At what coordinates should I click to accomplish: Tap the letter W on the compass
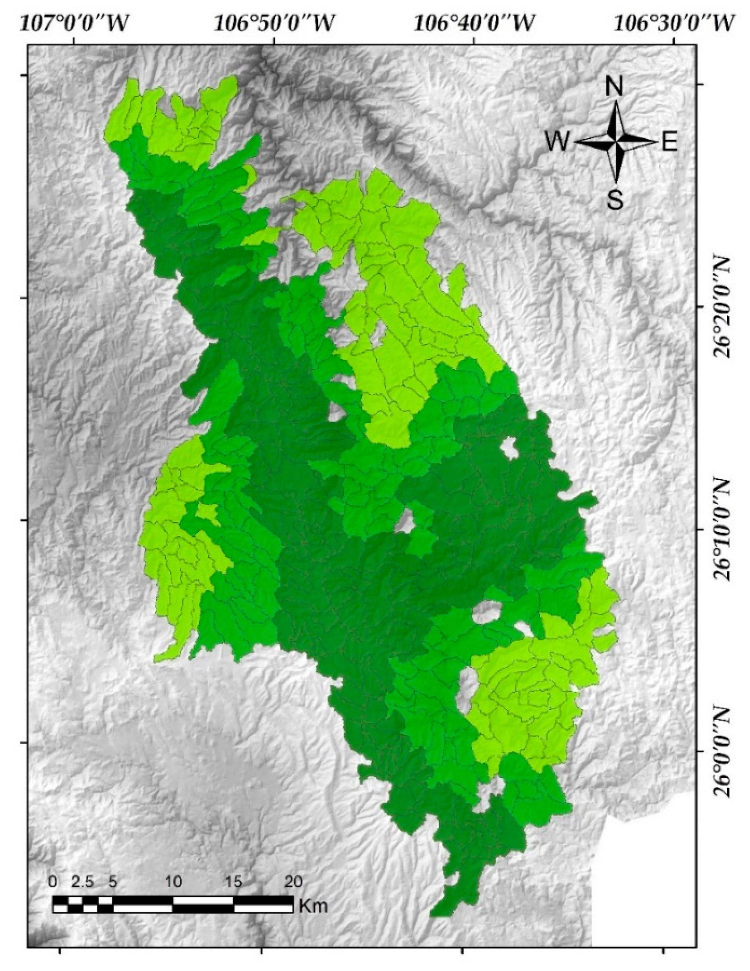click(557, 143)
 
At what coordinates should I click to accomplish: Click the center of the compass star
click(616, 143)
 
